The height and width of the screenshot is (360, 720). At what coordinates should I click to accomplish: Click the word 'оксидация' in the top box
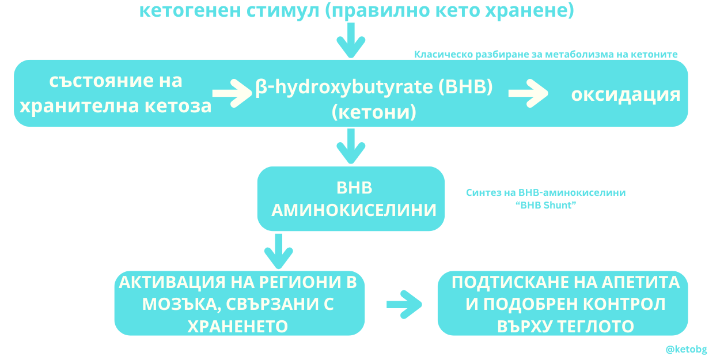coord(626,94)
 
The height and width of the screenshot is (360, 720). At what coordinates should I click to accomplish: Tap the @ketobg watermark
coord(686,349)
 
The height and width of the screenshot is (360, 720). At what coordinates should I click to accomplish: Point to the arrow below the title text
coord(351,42)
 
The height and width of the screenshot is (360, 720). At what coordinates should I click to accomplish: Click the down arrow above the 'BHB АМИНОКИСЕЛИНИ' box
coord(351,146)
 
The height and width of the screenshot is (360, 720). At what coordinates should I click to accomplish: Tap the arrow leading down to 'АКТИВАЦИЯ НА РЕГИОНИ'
coord(279,251)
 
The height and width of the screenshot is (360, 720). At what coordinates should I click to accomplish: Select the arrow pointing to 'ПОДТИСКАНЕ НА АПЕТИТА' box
coord(404,304)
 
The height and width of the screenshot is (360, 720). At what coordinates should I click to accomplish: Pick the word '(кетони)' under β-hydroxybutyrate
coord(374,112)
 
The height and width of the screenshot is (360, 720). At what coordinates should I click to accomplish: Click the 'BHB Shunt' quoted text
coord(545,204)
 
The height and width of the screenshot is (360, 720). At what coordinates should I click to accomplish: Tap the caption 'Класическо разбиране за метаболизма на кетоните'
coord(545,54)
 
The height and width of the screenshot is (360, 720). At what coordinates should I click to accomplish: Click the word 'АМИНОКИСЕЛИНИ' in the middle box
coord(354,210)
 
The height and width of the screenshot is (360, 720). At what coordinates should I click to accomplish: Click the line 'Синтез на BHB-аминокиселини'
coord(545,192)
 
